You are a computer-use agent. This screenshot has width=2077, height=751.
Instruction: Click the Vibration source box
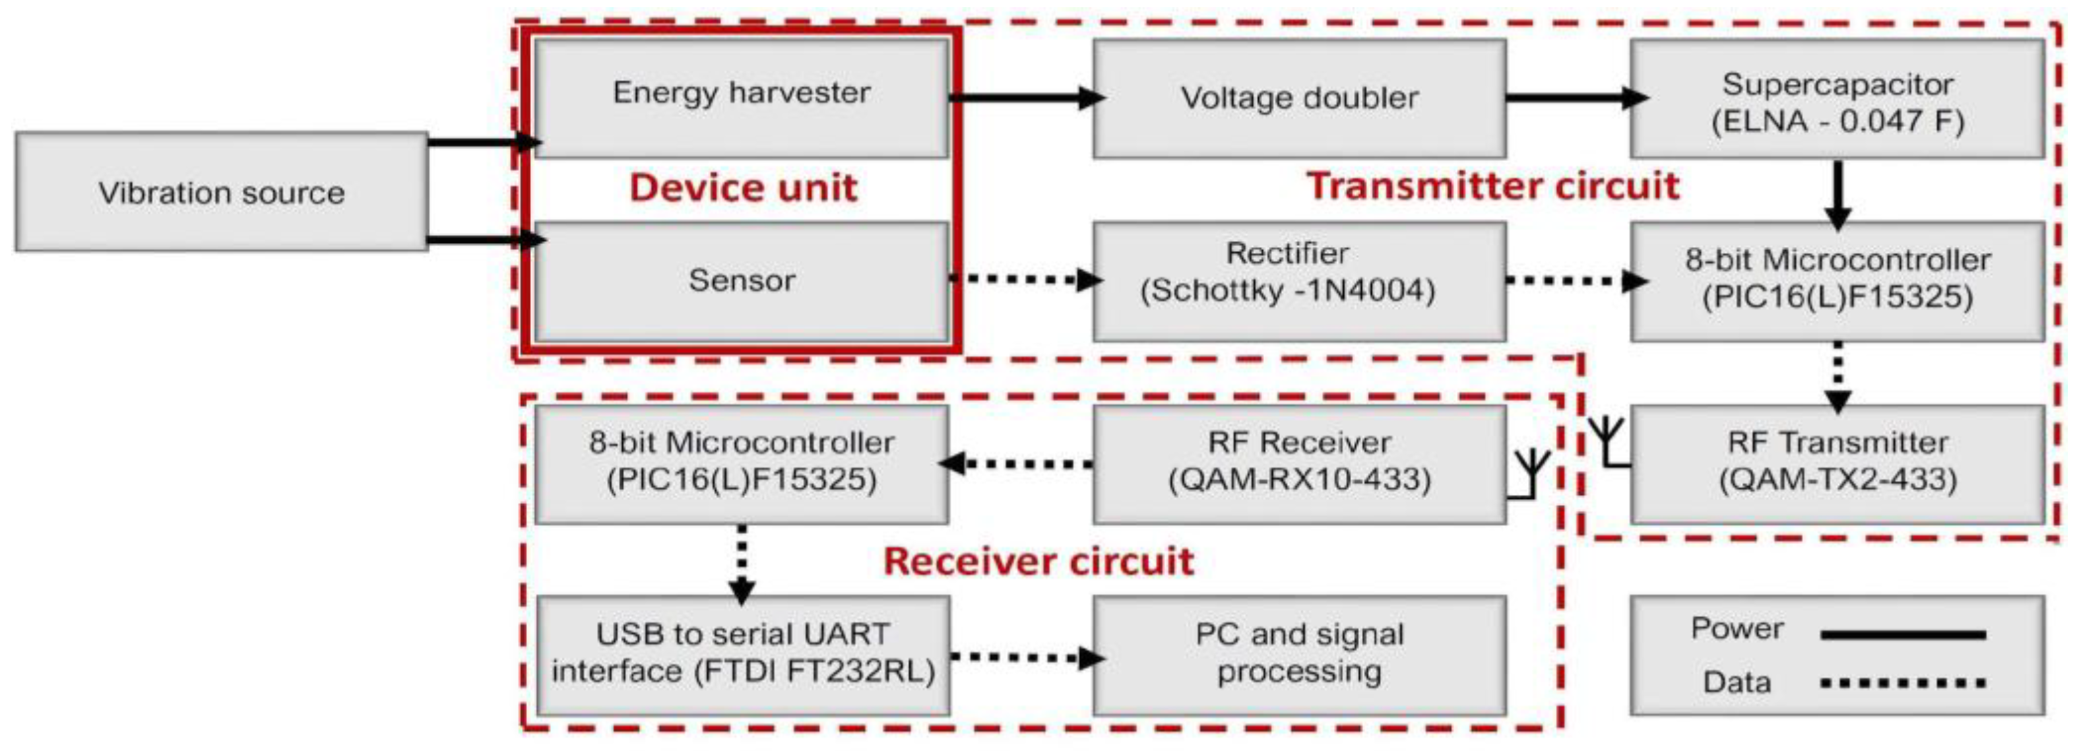pyautogui.click(x=222, y=192)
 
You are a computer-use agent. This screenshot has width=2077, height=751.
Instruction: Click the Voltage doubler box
pyautogui.click(x=1299, y=98)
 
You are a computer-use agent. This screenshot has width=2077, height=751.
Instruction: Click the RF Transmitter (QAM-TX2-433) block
pyautogui.click(x=1837, y=463)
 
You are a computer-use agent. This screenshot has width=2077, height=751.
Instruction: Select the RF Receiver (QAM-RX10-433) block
pyautogui.click(x=1299, y=463)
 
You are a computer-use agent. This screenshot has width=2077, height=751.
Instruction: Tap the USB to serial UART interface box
pyautogui.click(x=742, y=654)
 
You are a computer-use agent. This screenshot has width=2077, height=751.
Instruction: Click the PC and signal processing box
pyautogui.click(x=1299, y=654)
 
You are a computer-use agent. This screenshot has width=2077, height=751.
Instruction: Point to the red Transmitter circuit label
pyautogui.click(x=1492, y=185)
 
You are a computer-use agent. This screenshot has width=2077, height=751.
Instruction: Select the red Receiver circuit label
pyautogui.click(x=1038, y=562)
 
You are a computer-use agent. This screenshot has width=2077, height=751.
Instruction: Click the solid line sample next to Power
pyautogui.click(x=1902, y=636)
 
